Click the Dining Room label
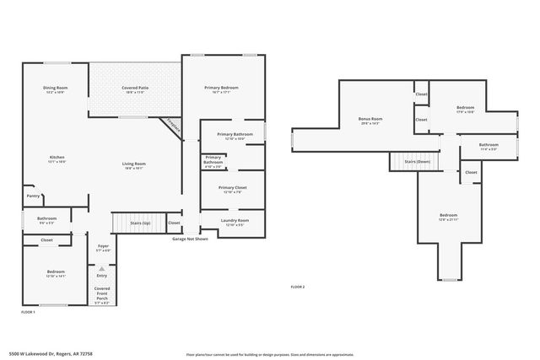pos(56,89)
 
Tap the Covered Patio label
pos(135,89)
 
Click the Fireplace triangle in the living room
pos(173,124)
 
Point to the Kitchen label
pos(57,157)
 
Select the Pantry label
pos(33,196)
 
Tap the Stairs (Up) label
pos(140,223)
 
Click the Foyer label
pos(102,247)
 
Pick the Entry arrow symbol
pos(102,269)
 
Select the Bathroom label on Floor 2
pos(489,145)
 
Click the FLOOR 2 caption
pos(297,287)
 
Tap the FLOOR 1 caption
pos(28,312)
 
